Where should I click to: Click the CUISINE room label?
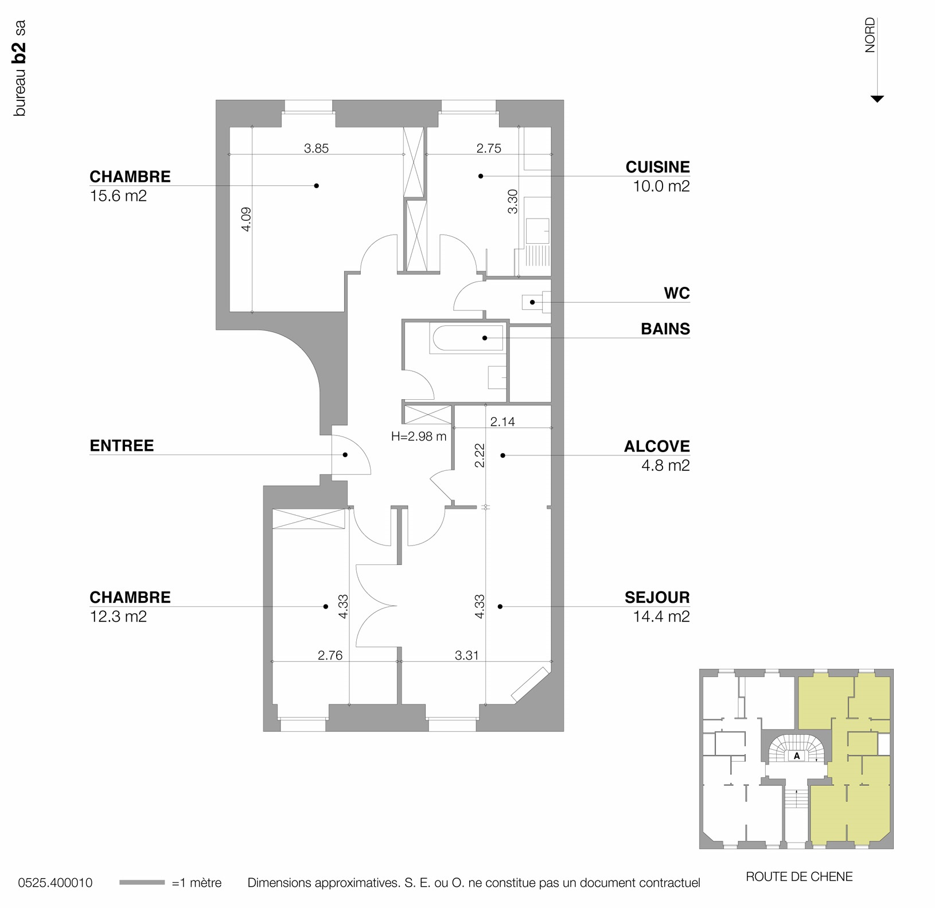657,167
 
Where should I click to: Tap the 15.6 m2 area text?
118,196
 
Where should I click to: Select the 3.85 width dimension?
316,149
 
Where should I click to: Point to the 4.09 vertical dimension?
246,219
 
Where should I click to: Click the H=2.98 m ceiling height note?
418,437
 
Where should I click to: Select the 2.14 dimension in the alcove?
502,422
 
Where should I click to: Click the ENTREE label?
122,446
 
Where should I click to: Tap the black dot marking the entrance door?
345,455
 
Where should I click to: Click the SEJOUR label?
657,597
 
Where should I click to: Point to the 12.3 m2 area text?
118,617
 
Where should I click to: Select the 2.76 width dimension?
330,655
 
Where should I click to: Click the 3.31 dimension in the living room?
466,655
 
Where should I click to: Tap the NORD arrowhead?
876,99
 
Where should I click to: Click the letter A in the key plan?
797,756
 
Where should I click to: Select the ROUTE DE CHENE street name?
798,876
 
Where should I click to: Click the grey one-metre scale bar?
142,883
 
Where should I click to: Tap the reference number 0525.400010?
55,883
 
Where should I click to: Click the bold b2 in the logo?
20,52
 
